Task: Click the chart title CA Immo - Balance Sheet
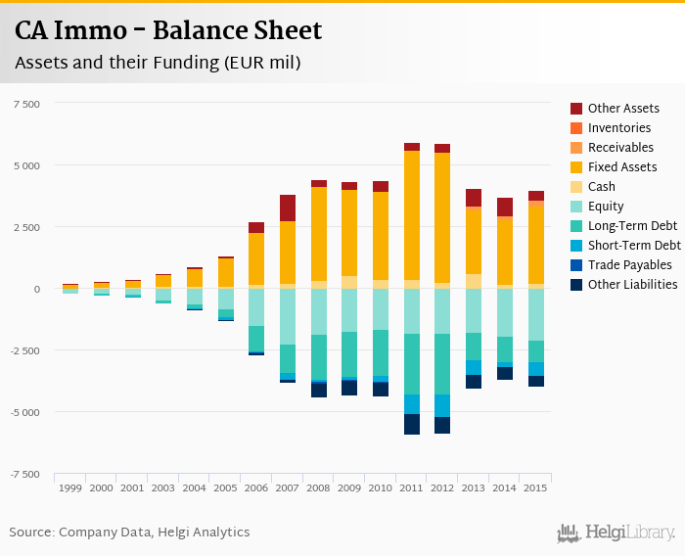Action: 167,31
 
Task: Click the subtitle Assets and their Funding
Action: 157,63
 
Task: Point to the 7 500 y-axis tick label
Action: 26,104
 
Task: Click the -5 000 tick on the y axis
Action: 24,412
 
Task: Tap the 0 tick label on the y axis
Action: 37,289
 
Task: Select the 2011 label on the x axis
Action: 412,487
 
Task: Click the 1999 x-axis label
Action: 69,487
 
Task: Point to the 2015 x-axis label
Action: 536,487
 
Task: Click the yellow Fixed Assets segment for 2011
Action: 412,215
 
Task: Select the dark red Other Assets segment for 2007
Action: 288,208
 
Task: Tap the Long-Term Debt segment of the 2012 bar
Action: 442,364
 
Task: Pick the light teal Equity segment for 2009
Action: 349,310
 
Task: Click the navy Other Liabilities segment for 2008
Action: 319,390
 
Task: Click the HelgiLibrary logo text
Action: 629,533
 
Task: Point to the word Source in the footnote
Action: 31,533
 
